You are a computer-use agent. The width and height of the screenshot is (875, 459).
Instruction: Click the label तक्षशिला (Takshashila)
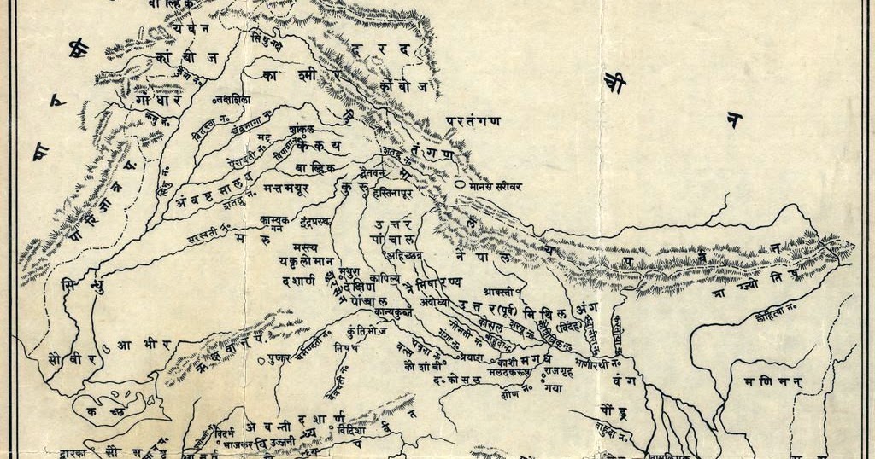pos(235,100)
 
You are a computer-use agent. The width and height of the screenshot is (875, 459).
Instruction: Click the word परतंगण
pos(473,122)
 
